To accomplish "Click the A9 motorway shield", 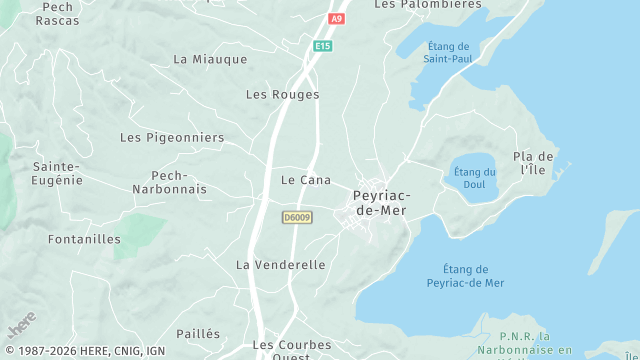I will point(336,18).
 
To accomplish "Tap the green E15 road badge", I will point(322,46).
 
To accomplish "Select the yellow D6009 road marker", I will point(297,216).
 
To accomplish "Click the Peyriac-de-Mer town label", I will point(380,203).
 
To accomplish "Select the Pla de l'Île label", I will point(533,164).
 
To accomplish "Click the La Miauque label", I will point(210,59).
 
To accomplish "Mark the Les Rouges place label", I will point(282,95).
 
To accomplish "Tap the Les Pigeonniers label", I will point(172,137).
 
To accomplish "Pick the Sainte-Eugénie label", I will point(57,173).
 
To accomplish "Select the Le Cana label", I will point(306,180).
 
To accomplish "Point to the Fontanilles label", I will point(84,239).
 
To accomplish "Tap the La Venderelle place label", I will point(281,265).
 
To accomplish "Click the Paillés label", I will point(198,333).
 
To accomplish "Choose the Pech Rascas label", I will point(57,13).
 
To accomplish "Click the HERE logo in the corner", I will point(22,326).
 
